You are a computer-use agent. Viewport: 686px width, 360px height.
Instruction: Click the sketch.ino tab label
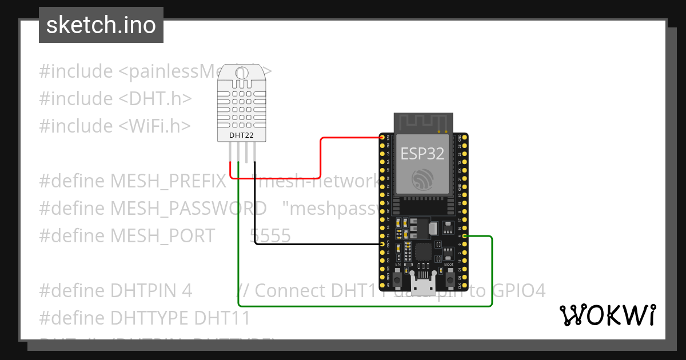(101, 25)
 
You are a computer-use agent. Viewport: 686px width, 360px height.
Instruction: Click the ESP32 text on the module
(422, 153)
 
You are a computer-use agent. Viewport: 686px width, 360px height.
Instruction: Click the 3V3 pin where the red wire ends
(382, 138)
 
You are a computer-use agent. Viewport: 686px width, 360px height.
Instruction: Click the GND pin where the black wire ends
(382, 244)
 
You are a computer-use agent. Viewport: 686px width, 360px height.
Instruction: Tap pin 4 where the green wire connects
(465, 236)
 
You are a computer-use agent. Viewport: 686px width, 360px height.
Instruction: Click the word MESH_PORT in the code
(162, 235)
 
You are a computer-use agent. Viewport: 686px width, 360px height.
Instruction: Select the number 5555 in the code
(270, 235)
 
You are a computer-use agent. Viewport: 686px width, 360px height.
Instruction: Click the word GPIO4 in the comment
(517, 290)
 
